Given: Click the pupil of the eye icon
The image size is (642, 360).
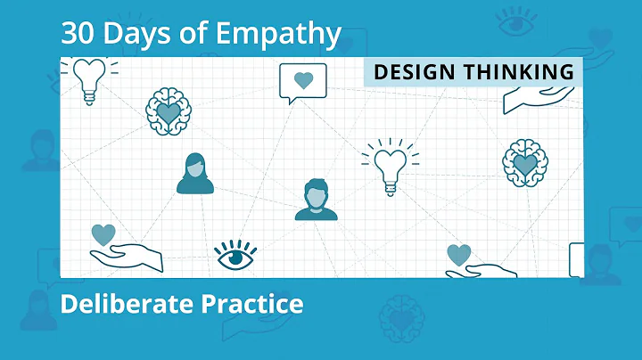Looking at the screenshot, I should coord(235,258).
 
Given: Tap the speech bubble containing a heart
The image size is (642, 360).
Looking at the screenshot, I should coord(303,82).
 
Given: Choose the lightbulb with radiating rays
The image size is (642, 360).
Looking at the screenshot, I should coord(390,166).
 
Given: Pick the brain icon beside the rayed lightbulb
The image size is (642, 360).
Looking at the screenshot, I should coord(525,162).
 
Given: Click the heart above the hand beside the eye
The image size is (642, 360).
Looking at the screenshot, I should coord(103,234).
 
